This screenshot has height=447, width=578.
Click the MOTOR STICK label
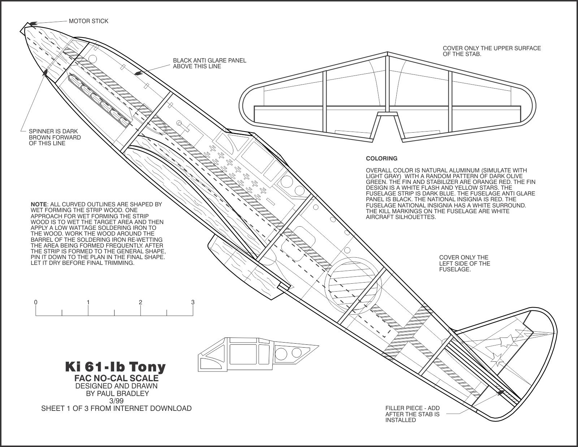[89, 21]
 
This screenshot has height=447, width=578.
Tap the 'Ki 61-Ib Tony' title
[115, 367]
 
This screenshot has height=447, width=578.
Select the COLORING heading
[381, 158]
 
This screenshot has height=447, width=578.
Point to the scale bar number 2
[141, 302]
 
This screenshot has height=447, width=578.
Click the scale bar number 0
[36, 302]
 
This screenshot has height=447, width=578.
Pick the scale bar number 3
[193, 302]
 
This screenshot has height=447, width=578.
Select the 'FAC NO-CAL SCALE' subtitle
[116, 378]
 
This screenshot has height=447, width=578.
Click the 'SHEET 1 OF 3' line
[116, 408]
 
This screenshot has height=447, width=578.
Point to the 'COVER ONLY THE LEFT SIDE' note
[464, 263]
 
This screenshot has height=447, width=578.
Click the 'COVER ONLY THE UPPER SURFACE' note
[492, 51]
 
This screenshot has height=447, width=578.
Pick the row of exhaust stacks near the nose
[99, 100]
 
